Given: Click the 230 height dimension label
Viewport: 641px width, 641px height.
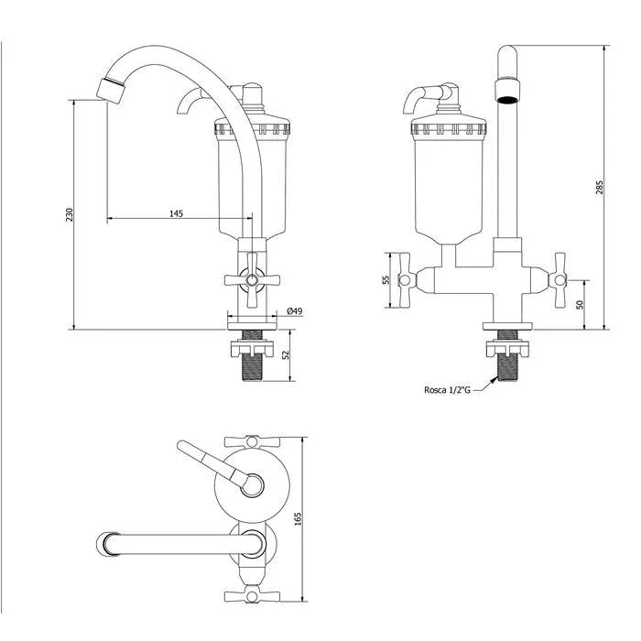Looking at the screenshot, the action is pos(69,214).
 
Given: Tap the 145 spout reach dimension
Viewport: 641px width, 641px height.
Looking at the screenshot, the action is pos(176,213).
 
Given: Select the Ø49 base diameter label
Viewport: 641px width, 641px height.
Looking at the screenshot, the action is pos(295,311).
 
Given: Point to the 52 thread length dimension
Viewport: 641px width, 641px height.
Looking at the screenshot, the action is pos(287,354).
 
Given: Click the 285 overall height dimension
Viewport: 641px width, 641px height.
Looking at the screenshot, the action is pos(599,187).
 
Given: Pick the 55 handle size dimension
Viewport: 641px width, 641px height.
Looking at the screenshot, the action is pos(386,280).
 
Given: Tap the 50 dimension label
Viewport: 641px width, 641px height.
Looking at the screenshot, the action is pos(580,305).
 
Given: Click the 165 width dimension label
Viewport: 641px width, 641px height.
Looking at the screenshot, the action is pos(298,519).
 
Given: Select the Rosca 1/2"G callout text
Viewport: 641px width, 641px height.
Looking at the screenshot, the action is pos(447,390).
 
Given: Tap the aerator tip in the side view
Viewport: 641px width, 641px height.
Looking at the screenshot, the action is pos(111,89).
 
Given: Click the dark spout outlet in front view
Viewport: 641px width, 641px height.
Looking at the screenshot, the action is pos(508,99).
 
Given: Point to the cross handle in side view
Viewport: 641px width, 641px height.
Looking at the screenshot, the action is pos(252,280).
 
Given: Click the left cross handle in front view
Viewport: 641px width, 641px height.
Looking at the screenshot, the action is pos(404,280).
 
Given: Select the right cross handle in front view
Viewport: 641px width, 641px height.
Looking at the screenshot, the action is pos(560,280).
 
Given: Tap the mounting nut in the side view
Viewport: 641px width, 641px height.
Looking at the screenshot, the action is pos(252,349).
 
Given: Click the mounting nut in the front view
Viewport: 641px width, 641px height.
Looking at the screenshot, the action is pos(507,349).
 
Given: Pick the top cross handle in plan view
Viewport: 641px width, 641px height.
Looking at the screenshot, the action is pos(252,441).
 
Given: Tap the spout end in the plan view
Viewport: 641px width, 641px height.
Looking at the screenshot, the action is pos(107,544).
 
